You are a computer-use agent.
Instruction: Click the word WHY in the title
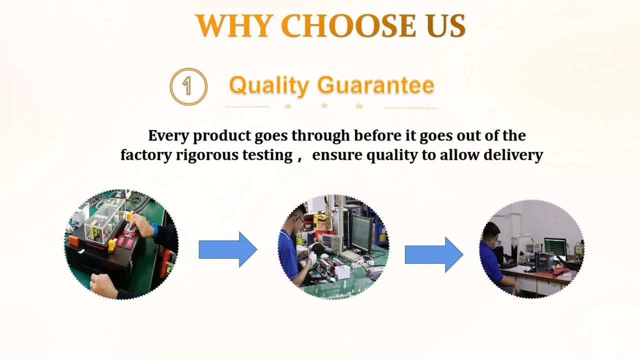pyautogui.click(x=233, y=25)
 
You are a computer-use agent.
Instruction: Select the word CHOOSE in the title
pyautogui.click(x=348, y=25)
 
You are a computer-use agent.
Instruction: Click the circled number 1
pyautogui.click(x=188, y=86)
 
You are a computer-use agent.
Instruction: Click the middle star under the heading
pyautogui.click(x=324, y=105)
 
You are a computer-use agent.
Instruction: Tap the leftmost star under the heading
pyautogui.click(x=287, y=106)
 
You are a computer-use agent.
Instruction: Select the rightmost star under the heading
pyautogui.click(x=359, y=106)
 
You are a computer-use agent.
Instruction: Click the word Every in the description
pyautogui.click(x=168, y=136)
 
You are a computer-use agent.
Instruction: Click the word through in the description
pyautogui.click(x=320, y=136)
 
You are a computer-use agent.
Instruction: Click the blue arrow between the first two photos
pyautogui.click(x=228, y=249)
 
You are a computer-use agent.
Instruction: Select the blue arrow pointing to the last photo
pyautogui.click(x=434, y=254)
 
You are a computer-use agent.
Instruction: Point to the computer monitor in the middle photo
pyautogui.click(x=362, y=232)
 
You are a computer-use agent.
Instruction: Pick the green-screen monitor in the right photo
pyautogui.click(x=555, y=246)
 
